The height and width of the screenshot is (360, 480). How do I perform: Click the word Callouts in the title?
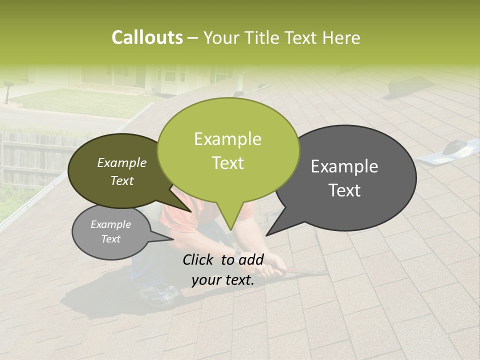(147, 37)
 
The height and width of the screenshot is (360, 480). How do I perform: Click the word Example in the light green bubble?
(227, 139)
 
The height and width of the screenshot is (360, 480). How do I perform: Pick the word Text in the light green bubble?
(228, 163)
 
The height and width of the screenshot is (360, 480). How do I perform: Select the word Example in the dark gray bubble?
(344, 166)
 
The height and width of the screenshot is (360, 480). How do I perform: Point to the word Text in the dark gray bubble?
(345, 190)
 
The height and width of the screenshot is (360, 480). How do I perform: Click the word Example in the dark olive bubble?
(121, 163)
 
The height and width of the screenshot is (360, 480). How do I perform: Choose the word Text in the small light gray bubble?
(110, 239)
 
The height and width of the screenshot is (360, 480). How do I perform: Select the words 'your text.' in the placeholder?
(222, 280)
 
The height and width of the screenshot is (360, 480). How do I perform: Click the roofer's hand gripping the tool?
(270, 270)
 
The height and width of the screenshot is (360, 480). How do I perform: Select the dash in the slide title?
(193, 38)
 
